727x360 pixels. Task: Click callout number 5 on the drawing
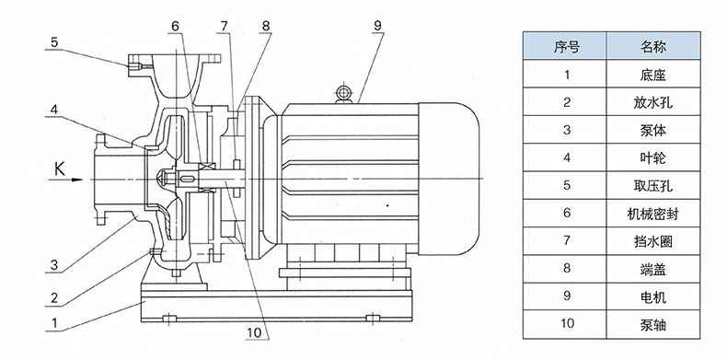[x=54, y=42]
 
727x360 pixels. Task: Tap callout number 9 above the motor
[x=378, y=26]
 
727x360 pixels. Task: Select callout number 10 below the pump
[x=255, y=332]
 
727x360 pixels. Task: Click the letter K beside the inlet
[x=60, y=168]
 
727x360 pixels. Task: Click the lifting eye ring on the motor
[x=343, y=92]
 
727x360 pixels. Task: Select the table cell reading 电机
[x=653, y=296]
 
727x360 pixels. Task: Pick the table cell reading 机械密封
[x=653, y=214]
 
